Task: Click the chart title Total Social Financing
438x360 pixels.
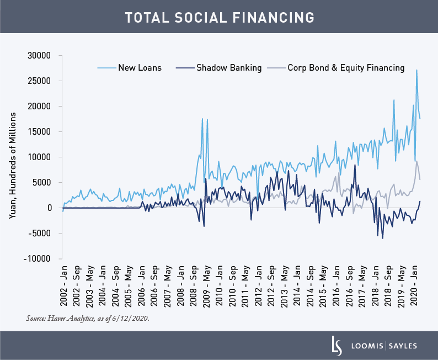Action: [219, 17]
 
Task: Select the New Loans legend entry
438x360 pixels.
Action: [140, 68]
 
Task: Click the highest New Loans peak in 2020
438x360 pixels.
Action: [416, 70]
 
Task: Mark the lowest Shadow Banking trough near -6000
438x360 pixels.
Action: [382, 238]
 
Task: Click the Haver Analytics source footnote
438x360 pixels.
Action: [87, 319]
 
